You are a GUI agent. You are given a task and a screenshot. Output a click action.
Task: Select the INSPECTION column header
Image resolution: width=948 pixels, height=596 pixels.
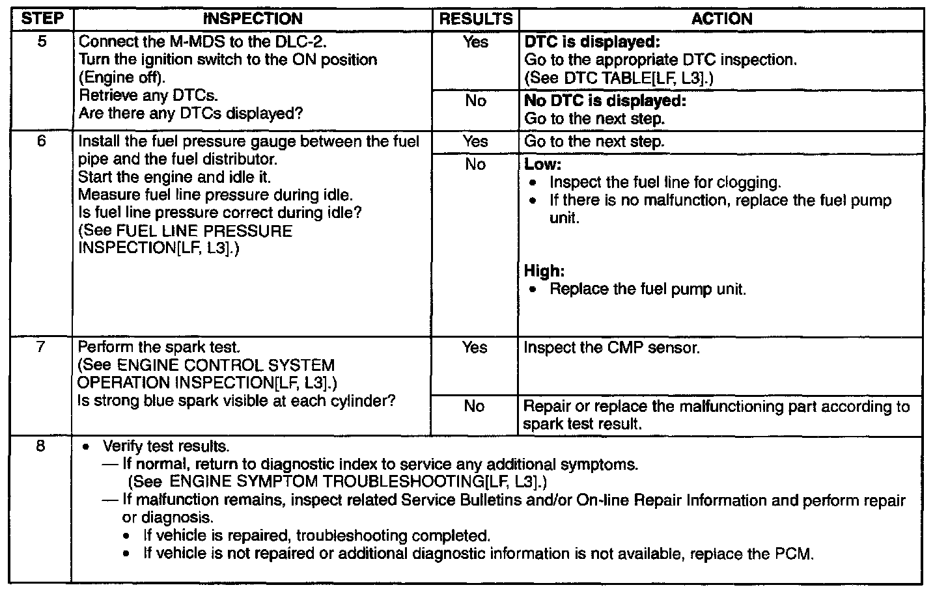pyautogui.click(x=253, y=19)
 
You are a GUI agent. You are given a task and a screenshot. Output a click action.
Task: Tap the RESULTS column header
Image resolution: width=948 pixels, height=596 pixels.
pyautogui.click(x=475, y=19)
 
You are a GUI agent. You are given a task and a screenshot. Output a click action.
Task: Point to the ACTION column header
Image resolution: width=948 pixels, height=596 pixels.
pyautogui.click(x=721, y=19)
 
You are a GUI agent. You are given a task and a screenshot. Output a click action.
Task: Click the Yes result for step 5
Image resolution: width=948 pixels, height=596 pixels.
pyautogui.click(x=475, y=42)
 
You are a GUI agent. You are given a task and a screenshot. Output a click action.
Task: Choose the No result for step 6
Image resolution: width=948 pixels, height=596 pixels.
pyautogui.click(x=475, y=165)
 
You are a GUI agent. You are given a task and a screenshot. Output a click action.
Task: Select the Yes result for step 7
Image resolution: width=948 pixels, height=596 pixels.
pyautogui.click(x=475, y=347)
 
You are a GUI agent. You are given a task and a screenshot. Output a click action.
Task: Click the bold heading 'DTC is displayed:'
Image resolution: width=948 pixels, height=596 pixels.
pyautogui.click(x=592, y=42)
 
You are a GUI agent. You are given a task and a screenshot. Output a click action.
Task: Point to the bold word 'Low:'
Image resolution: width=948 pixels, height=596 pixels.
pyautogui.click(x=542, y=165)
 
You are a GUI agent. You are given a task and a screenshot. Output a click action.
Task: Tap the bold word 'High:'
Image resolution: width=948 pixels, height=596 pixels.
pyautogui.click(x=544, y=271)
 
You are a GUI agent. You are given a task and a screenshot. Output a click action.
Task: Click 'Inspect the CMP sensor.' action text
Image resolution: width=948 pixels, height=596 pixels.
pyautogui.click(x=611, y=347)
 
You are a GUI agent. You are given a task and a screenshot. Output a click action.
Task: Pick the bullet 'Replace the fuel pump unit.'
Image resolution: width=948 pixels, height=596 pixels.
pyautogui.click(x=647, y=289)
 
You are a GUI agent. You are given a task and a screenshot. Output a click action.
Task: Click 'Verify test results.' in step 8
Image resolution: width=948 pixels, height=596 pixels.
pyautogui.click(x=166, y=447)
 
